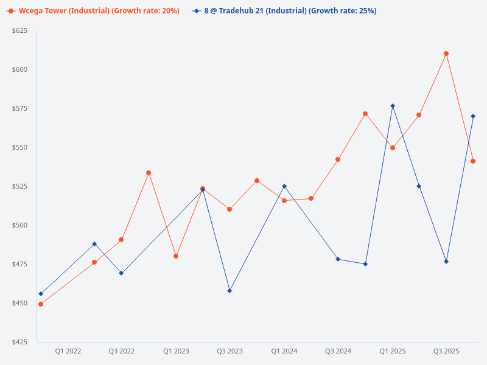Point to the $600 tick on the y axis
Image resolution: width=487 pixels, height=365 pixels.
[19, 69]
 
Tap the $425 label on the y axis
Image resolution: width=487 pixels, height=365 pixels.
[19, 342]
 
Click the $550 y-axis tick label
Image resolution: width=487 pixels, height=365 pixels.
[19, 147]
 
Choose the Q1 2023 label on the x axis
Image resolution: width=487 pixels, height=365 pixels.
[176, 351]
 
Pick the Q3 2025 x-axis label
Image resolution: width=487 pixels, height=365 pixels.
[446, 351]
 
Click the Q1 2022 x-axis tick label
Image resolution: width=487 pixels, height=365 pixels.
[68, 351]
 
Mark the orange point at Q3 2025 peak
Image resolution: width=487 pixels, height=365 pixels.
[446, 54]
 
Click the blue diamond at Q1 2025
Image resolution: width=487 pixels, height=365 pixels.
[393, 106]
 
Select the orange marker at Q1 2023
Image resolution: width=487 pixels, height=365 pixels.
[176, 256]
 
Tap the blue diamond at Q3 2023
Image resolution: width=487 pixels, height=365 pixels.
[229, 291]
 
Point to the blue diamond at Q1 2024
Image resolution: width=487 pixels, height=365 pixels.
[284, 186]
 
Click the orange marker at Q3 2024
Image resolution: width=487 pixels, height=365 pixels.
[338, 159]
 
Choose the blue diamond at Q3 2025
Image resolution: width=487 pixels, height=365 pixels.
[446, 262]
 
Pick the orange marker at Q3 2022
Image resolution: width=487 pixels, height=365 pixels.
[121, 240]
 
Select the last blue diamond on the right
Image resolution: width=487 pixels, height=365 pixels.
[473, 116]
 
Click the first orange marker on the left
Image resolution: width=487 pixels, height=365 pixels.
[41, 304]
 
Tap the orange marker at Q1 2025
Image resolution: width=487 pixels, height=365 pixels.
[393, 148]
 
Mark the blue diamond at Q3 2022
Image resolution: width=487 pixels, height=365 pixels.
[121, 273]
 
